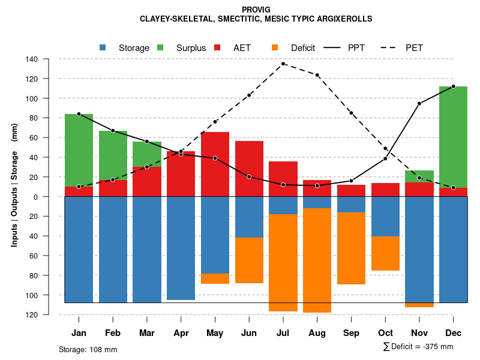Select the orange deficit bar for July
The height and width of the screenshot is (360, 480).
point(283,263)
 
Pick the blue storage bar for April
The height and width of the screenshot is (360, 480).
point(181,248)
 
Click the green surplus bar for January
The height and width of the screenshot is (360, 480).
point(79,150)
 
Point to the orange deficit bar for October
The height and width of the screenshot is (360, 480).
point(385,253)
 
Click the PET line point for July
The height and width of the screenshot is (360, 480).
point(283,64)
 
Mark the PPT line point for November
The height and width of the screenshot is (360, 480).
point(419,104)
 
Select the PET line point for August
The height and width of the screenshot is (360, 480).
point(317,75)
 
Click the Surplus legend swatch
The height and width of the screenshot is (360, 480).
point(161,47)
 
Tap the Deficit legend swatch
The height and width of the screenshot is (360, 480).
point(275,47)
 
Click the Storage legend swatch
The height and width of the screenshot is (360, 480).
point(103,47)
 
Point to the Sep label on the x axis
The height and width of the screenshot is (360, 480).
point(351,333)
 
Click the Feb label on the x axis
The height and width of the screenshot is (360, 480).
point(113,333)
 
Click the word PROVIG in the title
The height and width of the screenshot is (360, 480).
point(256,10)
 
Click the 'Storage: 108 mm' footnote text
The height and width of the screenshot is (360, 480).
point(88,349)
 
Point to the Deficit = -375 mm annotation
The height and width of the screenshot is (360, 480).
point(419,347)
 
